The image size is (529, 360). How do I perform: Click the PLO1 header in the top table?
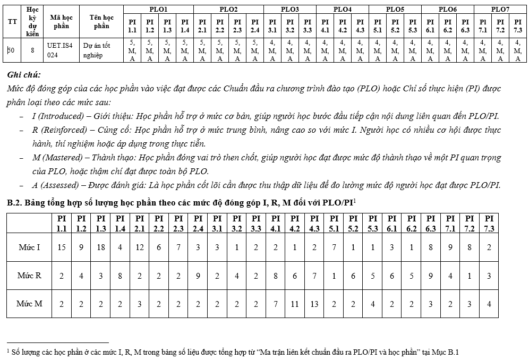click(158, 9)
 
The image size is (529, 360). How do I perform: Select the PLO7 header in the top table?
click(499, 9)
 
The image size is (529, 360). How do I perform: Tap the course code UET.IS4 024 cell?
click(59, 50)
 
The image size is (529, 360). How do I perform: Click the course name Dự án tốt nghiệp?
click(96, 50)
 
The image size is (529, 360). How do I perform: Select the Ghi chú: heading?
click(24, 75)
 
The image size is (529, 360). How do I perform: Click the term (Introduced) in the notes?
click(58, 116)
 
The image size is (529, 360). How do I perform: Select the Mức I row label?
click(29, 247)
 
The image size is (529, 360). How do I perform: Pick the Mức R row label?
click(29, 275)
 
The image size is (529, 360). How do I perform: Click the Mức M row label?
click(29, 304)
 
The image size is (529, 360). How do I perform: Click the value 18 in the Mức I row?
click(100, 247)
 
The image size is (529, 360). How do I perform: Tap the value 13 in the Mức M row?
click(314, 304)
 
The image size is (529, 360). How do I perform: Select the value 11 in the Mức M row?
click(295, 304)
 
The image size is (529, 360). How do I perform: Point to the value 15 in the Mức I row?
click(62, 247)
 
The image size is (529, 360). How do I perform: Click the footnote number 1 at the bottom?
click(8, 351)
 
